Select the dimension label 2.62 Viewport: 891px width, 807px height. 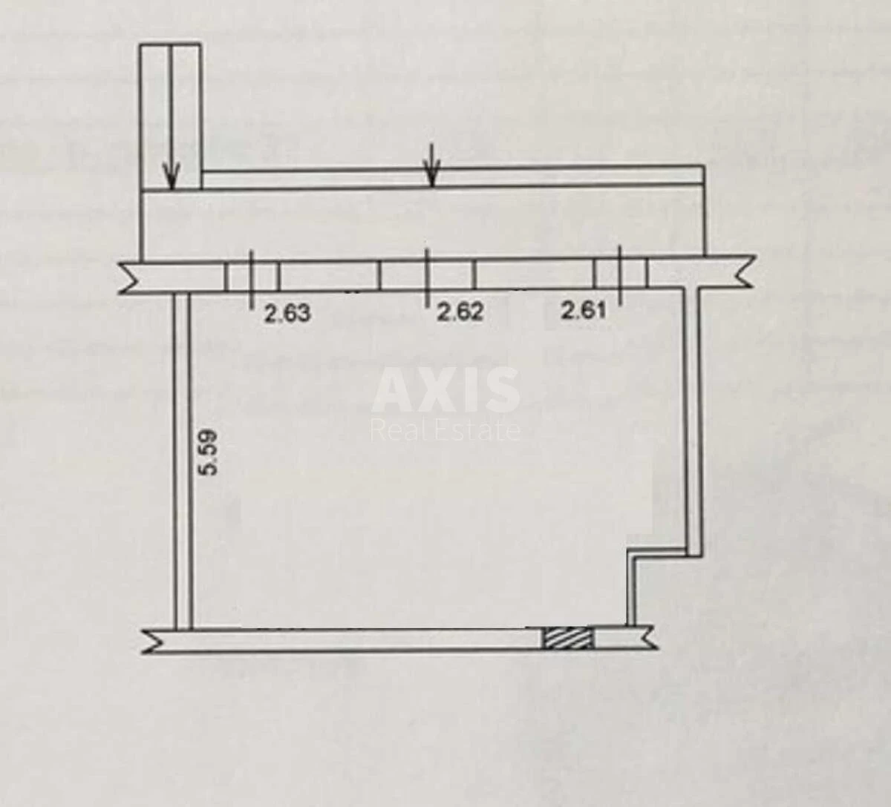[460, 312]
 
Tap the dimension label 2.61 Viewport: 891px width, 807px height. [583, 310]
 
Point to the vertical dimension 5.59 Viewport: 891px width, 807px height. [209, 452]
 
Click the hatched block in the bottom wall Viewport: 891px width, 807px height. [568, 639]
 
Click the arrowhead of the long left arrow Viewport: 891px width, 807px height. [172, 176]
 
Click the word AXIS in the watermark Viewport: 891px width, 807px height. [446, 389]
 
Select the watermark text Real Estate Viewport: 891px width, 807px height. [446, 430]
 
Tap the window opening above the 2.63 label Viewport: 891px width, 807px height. [252, 277]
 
